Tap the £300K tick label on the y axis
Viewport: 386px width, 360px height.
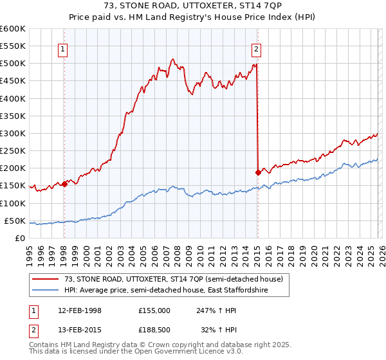pyautogui.click(x=12, y=134)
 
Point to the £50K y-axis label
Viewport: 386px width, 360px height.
pyautogui.click(x=14, y=221)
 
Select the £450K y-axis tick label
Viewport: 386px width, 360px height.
pyautogui.click(x=12, y=81)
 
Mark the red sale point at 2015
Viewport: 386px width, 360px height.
pyautogui.click(x=258, y=172)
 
